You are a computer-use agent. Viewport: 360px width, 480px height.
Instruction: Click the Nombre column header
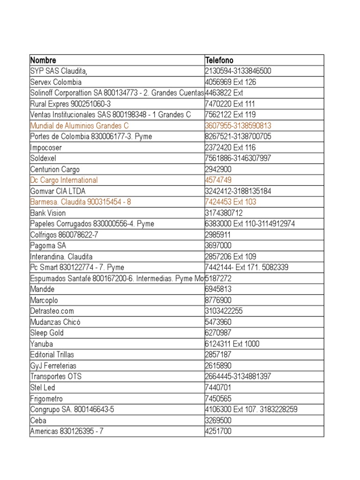[x=43, y=60]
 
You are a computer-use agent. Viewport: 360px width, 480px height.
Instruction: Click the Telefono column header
[x=219, y=60]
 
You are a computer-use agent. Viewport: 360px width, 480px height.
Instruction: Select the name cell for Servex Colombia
[x=56, y=82]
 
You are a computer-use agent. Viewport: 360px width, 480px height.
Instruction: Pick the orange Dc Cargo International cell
[x=64, y=180]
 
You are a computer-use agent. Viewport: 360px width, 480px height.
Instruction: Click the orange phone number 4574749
[x=218, y=180]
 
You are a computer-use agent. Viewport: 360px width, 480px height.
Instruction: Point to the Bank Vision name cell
[x=47, y=213]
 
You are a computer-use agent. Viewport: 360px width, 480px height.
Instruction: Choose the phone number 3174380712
[x=224, y=213]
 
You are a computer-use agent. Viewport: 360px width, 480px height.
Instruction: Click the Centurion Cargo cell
[x=55, y=169]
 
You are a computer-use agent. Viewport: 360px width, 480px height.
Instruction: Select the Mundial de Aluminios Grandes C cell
[x=79, y=126]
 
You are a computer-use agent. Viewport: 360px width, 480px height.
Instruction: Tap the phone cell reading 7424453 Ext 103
[x=231, y=202]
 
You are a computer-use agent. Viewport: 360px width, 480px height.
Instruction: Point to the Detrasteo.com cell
[x=52, y=311]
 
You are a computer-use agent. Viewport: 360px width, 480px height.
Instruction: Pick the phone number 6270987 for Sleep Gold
[x=218, y=333]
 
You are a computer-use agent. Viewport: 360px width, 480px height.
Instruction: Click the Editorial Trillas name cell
[x=52, y=354]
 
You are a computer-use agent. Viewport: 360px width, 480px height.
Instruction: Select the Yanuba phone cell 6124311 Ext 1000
[x=232, y=344]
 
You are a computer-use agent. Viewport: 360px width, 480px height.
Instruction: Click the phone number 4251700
[x=218, y=431]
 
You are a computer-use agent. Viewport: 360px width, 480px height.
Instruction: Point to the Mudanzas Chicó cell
[x=53, y=322]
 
